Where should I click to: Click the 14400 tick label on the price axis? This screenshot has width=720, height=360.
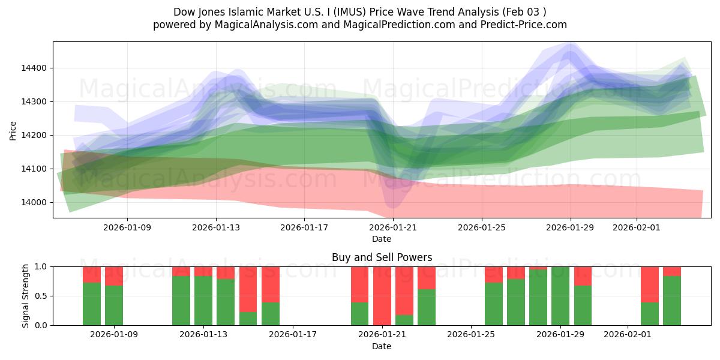33,68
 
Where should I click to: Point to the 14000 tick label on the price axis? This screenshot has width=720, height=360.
33,203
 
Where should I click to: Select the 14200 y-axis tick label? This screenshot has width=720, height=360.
33,136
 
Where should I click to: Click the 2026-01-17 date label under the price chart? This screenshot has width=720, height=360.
304,228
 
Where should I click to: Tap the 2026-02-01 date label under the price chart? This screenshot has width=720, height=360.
637,228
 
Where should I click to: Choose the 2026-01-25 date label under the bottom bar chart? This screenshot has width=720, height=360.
471,335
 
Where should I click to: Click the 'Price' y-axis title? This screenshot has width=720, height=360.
13,130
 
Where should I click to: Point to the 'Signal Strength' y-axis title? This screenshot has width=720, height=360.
25,296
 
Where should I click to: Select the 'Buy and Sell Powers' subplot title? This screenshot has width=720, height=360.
382,257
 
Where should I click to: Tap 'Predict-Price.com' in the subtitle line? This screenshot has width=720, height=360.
524,25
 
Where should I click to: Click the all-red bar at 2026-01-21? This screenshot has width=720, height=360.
382,296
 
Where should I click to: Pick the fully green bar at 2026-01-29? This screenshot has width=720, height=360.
560,296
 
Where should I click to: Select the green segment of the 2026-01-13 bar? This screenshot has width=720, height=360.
203,301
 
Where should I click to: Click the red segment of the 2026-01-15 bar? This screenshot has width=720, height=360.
248,289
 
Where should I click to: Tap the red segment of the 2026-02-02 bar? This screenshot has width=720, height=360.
650,284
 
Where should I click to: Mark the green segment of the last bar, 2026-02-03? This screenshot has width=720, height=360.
672,301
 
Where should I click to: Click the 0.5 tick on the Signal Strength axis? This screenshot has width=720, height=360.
41,296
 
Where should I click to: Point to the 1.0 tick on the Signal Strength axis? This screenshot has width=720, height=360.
41,266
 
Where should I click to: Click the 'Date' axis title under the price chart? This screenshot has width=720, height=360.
382,239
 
